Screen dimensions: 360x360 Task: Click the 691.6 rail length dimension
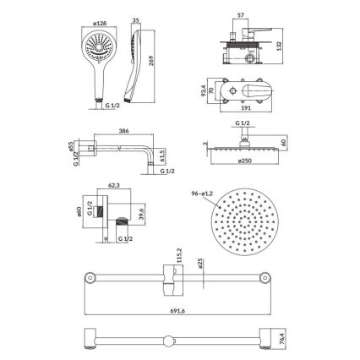coord(174,310)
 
